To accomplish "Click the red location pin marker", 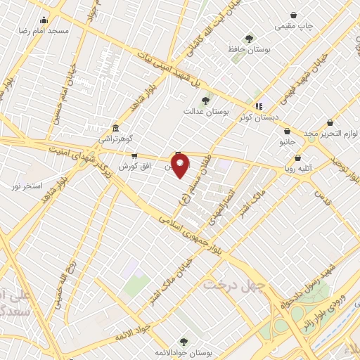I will (181, 167).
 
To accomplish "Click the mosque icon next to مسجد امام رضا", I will (45, 20).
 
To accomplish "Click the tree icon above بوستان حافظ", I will (248, 39).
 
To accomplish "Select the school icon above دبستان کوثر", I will (259, 106).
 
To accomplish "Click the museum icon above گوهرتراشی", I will (115, 130).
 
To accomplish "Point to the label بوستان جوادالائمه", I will (184, 352).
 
